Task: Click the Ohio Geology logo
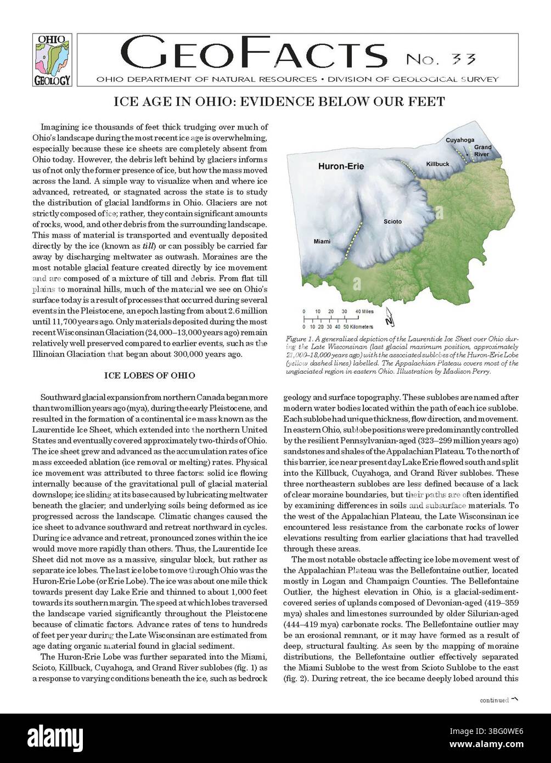[52, 60]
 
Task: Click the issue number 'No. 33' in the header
[441, 59]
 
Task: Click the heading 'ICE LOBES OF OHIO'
[149, 375]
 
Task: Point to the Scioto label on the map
[392, 222]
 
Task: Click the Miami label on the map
[322, 242]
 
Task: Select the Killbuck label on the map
[437, 164]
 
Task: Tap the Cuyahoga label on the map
[459, 141]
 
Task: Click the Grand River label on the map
[483, 150]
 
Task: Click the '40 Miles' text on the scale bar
[365, 311]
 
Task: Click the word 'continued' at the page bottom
[493, 700]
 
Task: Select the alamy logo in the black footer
[55, 734]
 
